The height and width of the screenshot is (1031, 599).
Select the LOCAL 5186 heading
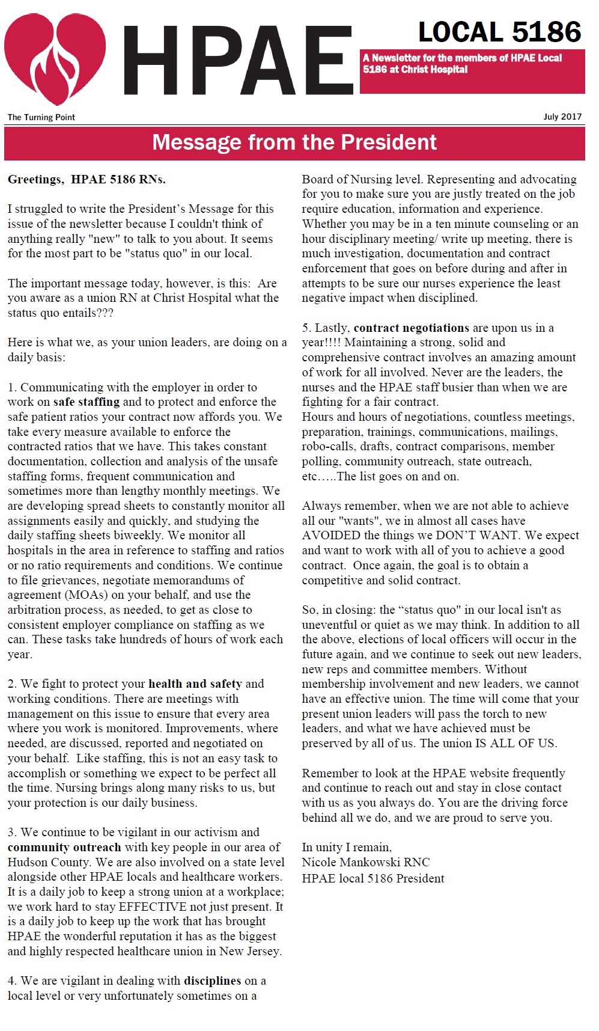coord(499,32)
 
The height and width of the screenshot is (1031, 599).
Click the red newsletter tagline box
coord(472,71)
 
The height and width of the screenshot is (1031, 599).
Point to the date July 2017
coord(562,117)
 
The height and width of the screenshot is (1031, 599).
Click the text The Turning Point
coord(41,117)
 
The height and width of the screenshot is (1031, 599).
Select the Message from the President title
coord(294,142)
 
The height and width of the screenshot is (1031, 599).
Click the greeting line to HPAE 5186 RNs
coord(87,179)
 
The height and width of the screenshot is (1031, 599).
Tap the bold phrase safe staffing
coord(87,402)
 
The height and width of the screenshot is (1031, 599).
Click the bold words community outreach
coord(64,847)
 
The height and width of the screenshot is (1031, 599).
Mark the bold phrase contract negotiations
coord(411,328)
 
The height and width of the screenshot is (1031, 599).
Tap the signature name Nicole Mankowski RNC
coord(365,862)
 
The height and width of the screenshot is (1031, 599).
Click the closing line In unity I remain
coord(347,847)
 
